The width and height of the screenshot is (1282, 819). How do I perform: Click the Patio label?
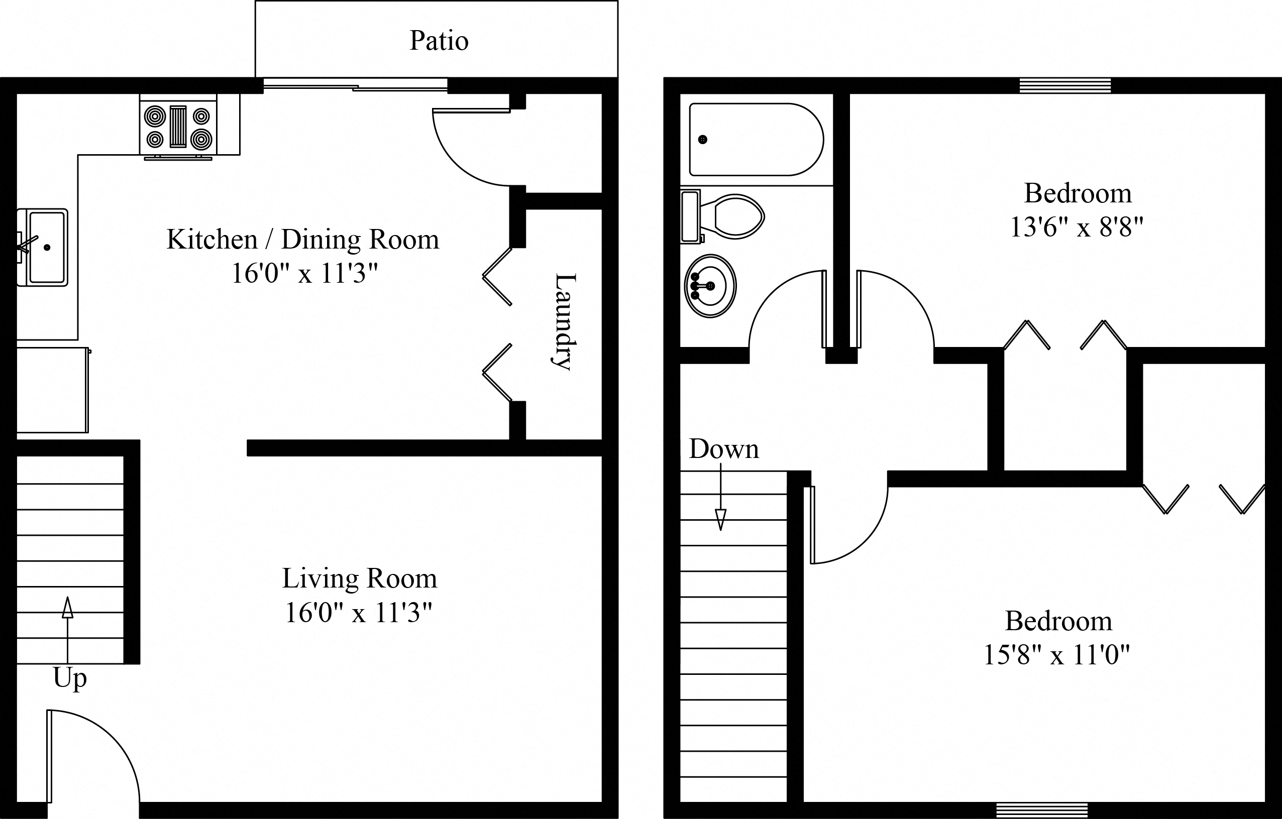point(439,41)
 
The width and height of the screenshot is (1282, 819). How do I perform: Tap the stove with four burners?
point(178,127)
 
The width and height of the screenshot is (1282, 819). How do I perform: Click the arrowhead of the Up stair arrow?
point(68,608)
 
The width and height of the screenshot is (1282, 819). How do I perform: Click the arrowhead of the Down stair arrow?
point(720,519)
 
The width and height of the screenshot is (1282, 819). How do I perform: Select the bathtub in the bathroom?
point(756,140)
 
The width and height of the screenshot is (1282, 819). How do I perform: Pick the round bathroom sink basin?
point(710,286)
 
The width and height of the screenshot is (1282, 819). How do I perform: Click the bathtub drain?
point(703,140)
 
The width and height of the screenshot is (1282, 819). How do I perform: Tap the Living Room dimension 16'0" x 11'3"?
point(358,613)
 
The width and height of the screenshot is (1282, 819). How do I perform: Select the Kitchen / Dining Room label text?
point(302,240)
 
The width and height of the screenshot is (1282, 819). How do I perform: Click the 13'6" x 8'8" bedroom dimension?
point(1077,228)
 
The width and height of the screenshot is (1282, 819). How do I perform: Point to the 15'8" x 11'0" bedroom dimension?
point(1056,655)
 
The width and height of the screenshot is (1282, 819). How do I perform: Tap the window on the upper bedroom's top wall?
point(1065,85)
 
